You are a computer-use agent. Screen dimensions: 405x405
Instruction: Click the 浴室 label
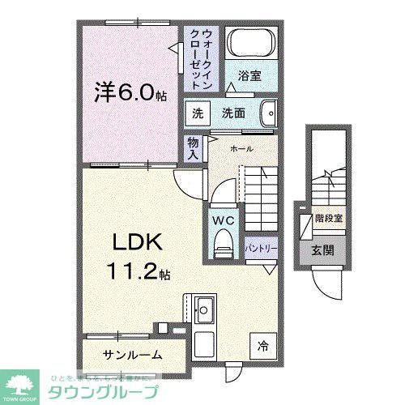coord(249,77)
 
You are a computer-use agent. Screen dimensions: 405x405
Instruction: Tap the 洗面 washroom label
coord(234,114)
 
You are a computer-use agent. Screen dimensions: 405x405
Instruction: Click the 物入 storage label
coord(193,147)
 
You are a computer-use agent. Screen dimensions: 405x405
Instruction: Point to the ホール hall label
coord(241,149)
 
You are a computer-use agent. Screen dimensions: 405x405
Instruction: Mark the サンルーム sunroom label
coord(132,354)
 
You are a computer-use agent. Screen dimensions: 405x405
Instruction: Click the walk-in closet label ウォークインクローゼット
coord(201,58)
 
